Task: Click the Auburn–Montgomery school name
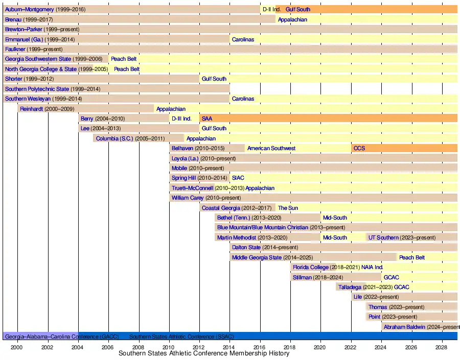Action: click(29, 9)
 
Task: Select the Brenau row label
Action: click(13, 19)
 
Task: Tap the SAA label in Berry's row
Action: click(207, 118)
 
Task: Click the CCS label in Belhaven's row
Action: click(359, 148)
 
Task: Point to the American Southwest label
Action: click(271, 148)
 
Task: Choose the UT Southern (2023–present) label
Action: click(402, 237)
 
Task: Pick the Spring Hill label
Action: click(183, 178)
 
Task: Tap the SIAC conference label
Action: click(238, 178)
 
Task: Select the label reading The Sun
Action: click(288, 208)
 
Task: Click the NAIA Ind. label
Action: click(372, 267)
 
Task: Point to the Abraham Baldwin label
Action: click(404, 327)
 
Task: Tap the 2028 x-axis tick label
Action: click(441, 347)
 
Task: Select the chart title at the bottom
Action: click(204, 353)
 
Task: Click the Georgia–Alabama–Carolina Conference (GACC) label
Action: click(62, 337)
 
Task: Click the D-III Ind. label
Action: click(181, 118)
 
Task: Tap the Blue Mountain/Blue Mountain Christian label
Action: click(263, 227)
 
